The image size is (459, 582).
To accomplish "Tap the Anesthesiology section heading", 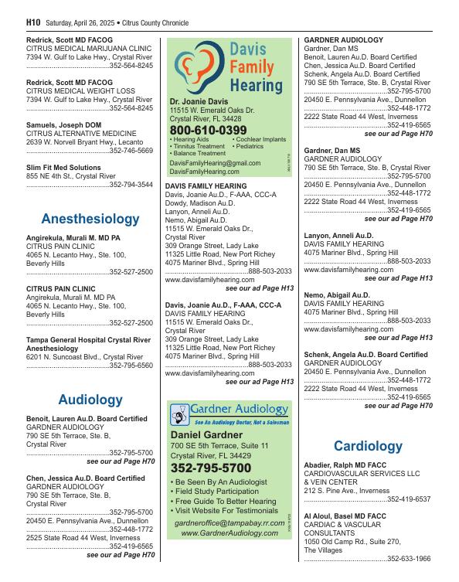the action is (x=90, y=219).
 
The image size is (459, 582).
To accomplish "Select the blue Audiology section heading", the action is (x=90, y=400).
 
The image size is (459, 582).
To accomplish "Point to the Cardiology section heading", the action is (x=368, y=446).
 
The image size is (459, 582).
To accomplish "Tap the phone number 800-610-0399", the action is (x=208, y=130).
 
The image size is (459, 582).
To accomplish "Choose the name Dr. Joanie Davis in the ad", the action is (x=199, y=101).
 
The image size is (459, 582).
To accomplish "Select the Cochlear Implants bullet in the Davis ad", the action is (x=259, y=139).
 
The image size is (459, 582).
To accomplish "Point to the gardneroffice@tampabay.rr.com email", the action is (x=229, y=522).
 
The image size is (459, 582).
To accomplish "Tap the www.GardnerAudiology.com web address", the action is (x=229, y=533).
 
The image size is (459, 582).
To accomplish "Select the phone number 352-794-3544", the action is (x=131, y=185).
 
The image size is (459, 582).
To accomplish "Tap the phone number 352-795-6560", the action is (x=131, y=366).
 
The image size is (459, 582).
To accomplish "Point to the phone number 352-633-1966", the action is (x=410, y=559).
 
